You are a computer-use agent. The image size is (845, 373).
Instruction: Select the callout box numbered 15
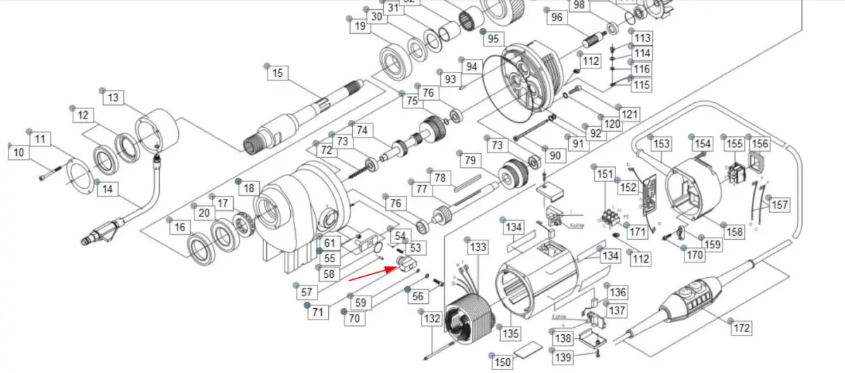(277, 73)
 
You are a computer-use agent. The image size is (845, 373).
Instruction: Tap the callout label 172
(741, 328)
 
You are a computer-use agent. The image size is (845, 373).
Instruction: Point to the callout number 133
(478, 247)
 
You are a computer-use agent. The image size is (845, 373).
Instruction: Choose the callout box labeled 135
(510, 332)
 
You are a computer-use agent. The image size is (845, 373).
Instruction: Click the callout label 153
(661, 144)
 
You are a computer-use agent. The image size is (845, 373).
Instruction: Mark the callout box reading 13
(113, 98)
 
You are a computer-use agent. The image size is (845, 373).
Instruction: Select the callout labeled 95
(492, 38)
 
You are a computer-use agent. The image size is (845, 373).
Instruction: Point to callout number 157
(780, 204)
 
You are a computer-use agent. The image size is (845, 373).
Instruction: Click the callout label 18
(249, 188)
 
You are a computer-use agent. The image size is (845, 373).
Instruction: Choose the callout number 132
(431, 319)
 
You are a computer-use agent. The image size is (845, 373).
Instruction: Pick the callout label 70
(353, 319)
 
